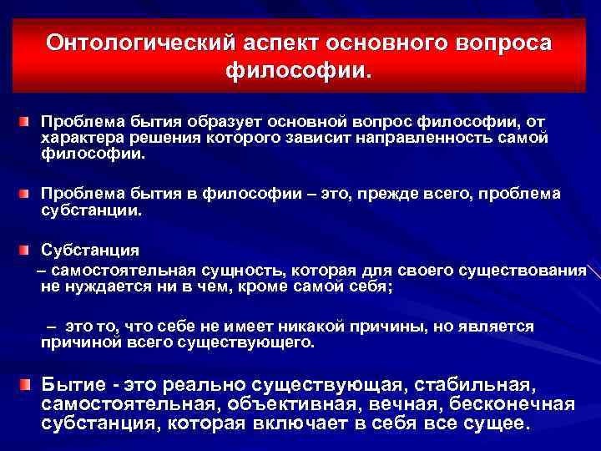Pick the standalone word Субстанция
pos(91,251)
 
